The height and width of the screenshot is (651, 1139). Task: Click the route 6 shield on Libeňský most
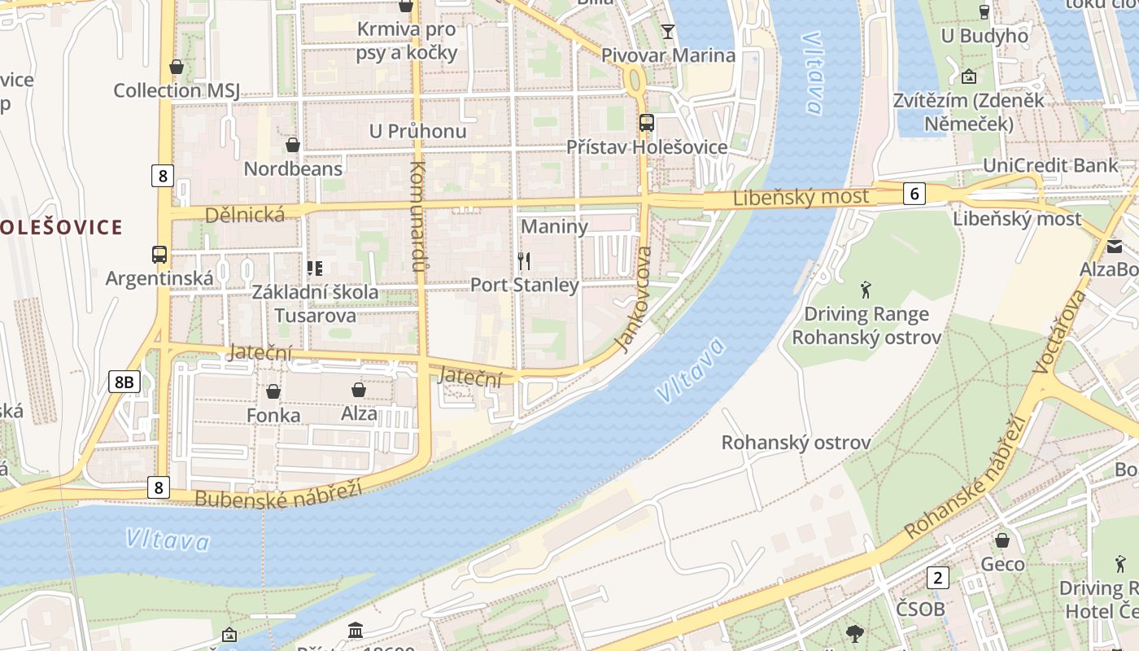click(x=914, y=194)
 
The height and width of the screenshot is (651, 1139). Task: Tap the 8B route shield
click(x=124, y=382)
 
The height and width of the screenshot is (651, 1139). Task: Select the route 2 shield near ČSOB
click(x=938, y=578)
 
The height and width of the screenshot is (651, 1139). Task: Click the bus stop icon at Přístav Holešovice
click(x=647, y=123)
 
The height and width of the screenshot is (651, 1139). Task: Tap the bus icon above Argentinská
click(x=159, y=255)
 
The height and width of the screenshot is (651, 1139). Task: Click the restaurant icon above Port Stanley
click(x=524, y=261)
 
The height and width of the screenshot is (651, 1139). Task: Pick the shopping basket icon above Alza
click(x=359, y=390)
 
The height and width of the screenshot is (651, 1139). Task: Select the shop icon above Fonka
click(x=273, y=391)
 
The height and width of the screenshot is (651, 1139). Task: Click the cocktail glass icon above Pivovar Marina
click(x=668, y=32)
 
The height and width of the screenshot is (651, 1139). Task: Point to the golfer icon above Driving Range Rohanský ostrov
click(x=866, y=289)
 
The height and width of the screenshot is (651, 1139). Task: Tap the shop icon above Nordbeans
click(x=293, y=145)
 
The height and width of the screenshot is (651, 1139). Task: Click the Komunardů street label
click(x=418, y=216)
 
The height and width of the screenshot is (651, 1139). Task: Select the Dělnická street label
click(x=245, y=215)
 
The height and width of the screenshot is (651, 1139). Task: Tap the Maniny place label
click(x=554, y=226)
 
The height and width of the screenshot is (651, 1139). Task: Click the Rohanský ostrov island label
click(x=796, y=443)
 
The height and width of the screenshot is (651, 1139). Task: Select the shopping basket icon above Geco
click(x=1002, y=540)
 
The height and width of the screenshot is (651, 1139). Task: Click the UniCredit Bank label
click(x=1050, y=165)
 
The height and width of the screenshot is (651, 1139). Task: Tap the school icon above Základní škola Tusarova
click(x=314, y=268)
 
